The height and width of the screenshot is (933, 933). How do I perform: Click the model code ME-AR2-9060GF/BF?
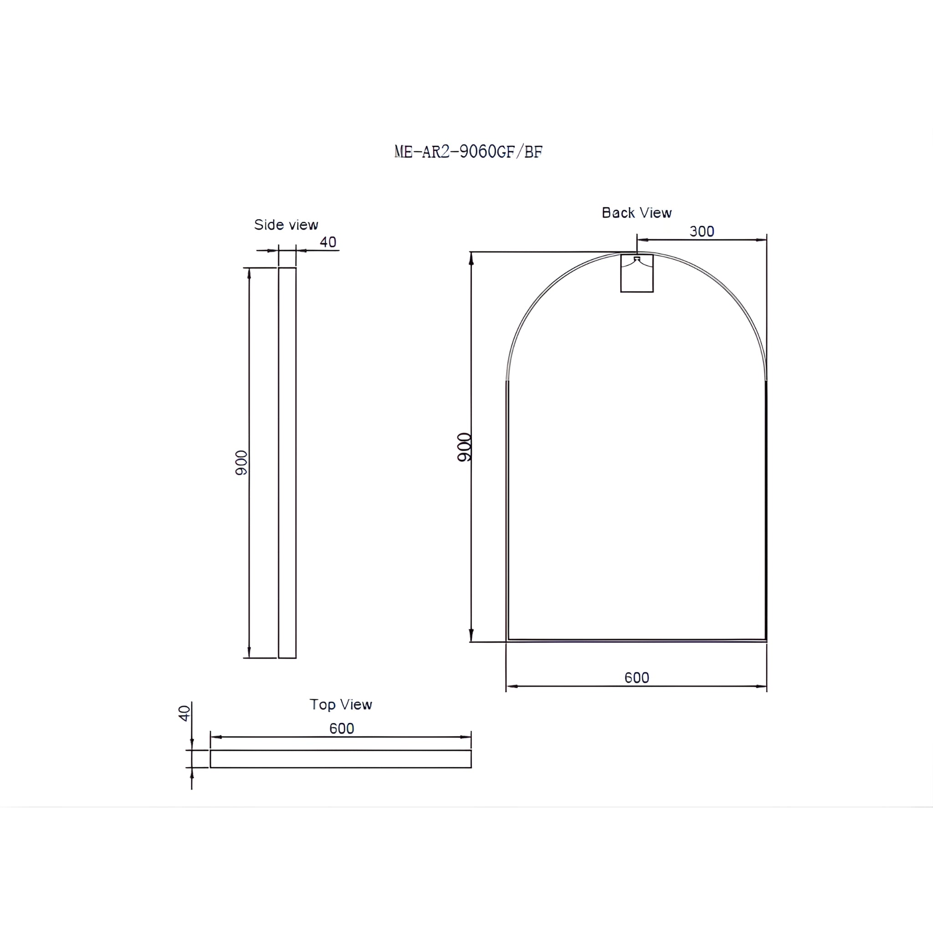[468, 152]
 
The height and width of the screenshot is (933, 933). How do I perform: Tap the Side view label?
[286, 225]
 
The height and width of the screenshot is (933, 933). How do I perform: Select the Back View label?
[636, 212]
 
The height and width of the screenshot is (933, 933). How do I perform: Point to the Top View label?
[340, 705]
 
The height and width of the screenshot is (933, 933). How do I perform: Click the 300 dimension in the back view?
[701, 231]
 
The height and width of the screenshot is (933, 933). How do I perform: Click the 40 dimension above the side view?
[328, 242]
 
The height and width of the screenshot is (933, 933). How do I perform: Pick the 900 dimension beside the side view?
[241, 463]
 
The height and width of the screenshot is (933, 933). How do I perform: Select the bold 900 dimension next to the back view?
[464, 447]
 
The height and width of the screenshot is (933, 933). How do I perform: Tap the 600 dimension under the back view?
[636, 677]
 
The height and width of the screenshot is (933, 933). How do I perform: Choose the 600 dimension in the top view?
[341, 728]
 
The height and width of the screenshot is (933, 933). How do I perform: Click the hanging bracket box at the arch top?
[636, 273]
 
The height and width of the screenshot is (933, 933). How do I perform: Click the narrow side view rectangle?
[287, 463]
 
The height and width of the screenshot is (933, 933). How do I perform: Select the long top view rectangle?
[340, 759]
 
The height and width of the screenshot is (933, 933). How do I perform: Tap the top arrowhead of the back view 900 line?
[472, 258]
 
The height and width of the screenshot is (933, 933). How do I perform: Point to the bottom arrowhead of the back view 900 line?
[472, 636]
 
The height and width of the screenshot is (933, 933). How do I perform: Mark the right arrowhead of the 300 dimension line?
[761, 240]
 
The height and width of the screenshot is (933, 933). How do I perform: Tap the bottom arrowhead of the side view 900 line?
[249, 652]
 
